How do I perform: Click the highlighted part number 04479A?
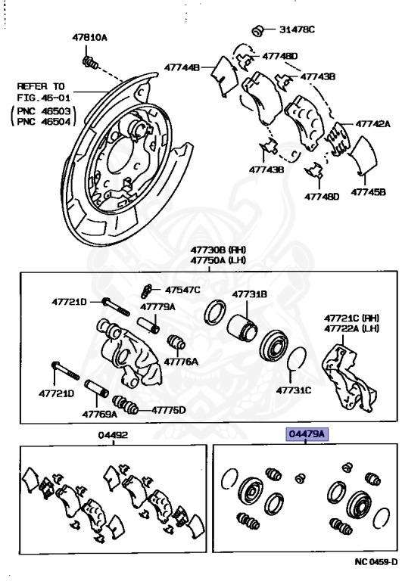305,434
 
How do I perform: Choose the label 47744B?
184,68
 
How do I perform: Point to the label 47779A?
157,307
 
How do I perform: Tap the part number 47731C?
294,391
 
